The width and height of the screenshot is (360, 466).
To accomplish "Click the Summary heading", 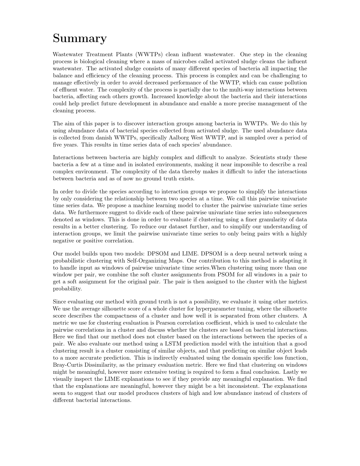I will (x=80, y=38).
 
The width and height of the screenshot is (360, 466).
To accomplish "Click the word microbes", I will (x=175, y=62).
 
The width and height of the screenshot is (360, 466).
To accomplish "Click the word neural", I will (x=253, y=254).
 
